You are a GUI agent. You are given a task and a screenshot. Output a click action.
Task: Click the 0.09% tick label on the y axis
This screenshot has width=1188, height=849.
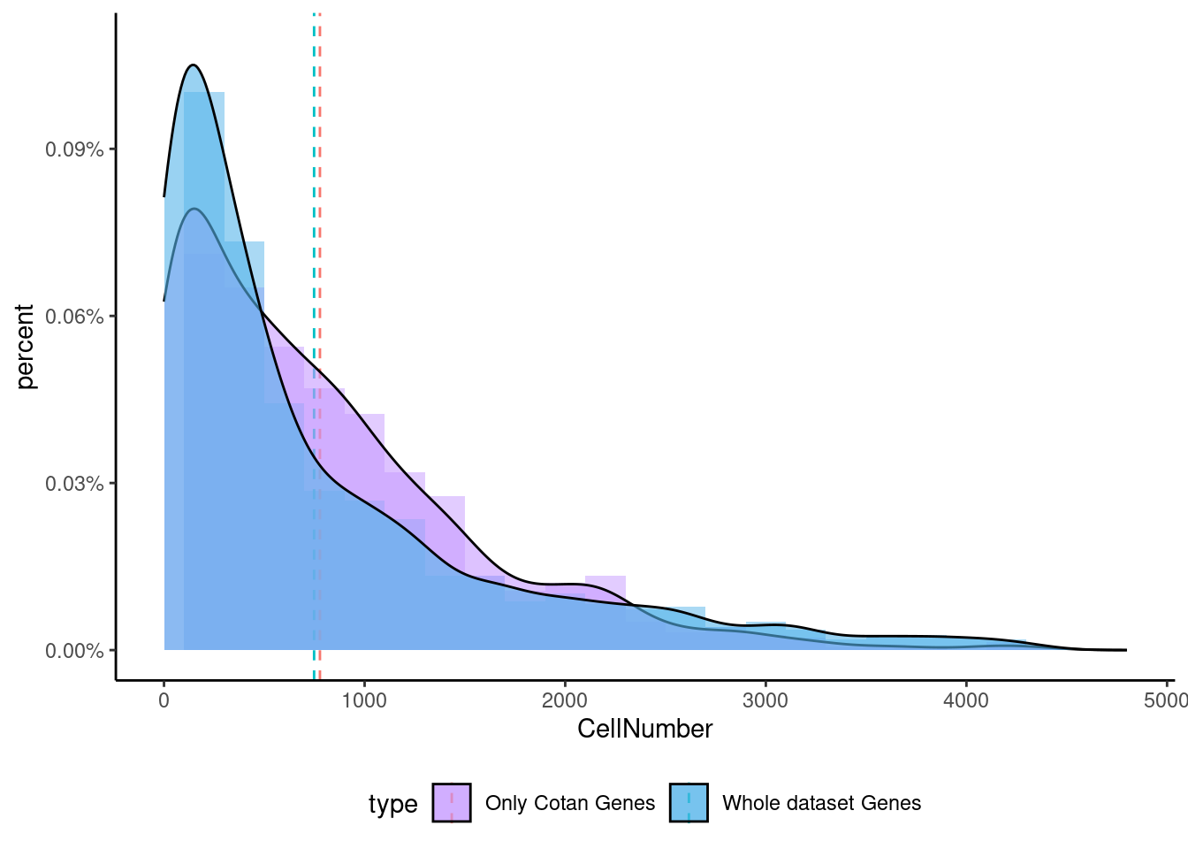(x=74, y=149)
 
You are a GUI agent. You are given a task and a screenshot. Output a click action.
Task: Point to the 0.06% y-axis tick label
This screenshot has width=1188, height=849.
(x=74, y=317)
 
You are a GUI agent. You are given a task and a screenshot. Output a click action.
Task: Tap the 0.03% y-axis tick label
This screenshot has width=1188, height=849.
(x=74, y=484)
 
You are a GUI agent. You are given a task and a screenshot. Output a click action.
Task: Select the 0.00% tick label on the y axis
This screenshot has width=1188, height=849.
(x=74, y=651)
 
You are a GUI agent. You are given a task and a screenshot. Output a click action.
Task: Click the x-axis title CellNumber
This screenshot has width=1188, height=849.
(x=644, y=729)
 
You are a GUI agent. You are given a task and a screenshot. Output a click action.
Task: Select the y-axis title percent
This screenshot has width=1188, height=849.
(x=25, y=347)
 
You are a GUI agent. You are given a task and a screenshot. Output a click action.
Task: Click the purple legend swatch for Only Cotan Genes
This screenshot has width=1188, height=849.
(x=452, y=803)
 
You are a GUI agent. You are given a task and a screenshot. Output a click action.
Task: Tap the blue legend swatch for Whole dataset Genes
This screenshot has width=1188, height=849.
(x=689, y=803)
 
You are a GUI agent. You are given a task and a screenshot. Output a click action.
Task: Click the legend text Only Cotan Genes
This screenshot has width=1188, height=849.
(x=570, y=803)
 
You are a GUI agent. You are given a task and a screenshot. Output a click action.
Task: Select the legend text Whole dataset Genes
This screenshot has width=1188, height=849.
(x=821, y=803)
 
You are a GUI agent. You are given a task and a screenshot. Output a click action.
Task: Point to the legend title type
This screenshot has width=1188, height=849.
(x=392, y=804)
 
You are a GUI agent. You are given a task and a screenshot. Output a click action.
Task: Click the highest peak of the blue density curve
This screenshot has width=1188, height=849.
(x=193, y=65)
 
